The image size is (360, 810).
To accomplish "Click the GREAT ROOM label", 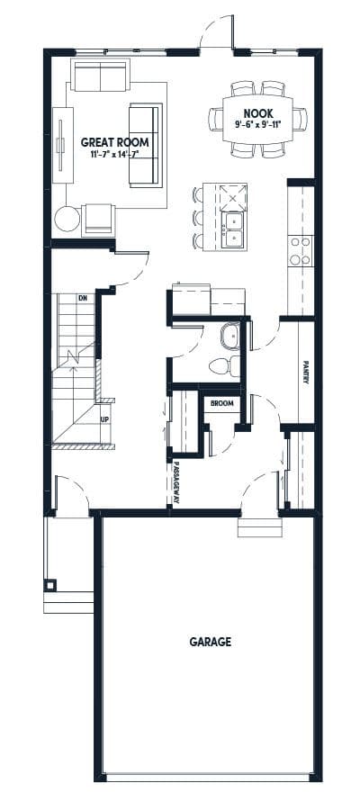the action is point(114,142).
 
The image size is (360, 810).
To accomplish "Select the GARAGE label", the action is point(211,642).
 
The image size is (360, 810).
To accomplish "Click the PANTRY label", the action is point(306,372).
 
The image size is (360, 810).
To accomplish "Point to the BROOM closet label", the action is point(221,403).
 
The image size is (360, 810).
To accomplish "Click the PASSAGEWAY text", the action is point(176,482).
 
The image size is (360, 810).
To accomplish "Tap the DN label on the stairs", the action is point(82,298).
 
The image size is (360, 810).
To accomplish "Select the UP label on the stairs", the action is point(104,419).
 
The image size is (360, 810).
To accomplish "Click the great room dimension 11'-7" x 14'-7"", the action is point(114,154).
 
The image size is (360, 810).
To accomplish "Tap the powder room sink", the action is point(229,337).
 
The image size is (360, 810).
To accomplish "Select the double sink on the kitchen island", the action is point(232,229).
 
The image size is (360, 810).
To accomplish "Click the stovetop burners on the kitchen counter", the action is point(301,250).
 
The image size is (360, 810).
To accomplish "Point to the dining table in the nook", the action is point(257,119).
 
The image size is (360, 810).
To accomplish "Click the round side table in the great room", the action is point(67,219).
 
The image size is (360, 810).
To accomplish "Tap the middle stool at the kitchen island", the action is point(198,218).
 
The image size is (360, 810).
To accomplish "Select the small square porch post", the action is point(50,585).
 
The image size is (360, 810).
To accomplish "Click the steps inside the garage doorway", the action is point(260,527).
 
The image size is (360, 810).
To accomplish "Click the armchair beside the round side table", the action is point(98,220).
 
